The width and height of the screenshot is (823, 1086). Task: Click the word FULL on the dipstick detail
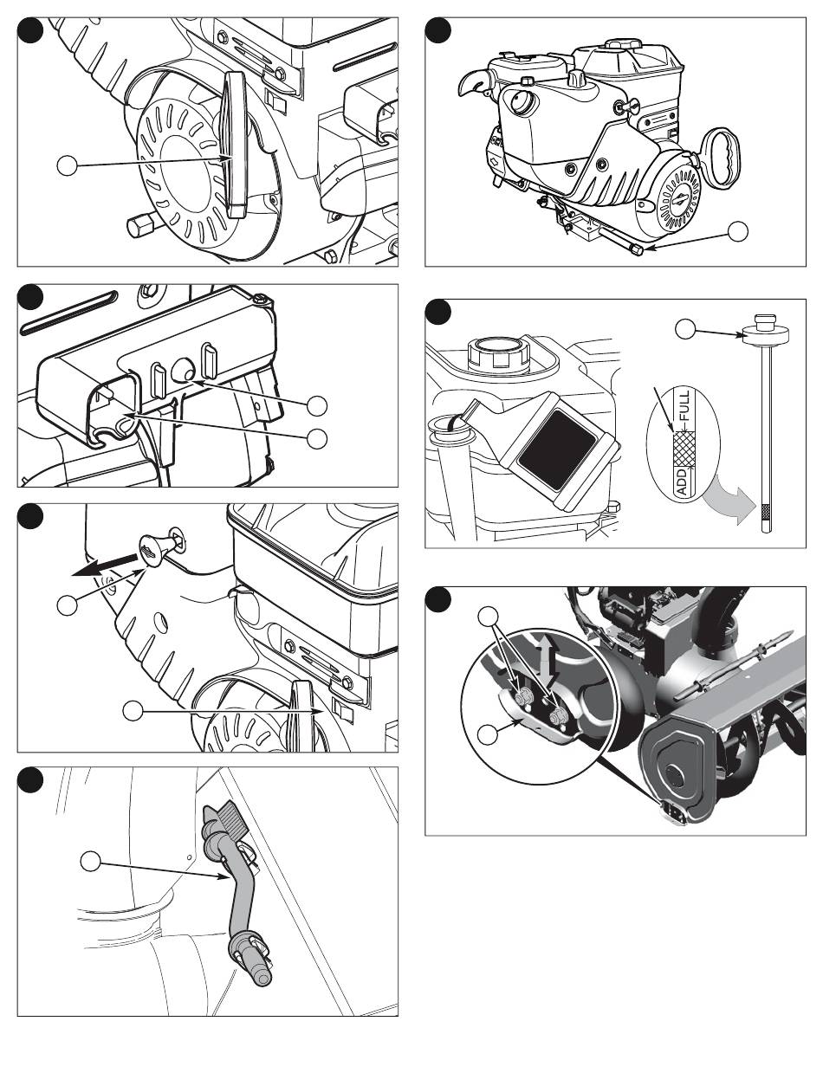685,405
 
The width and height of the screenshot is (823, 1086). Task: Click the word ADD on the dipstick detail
682,483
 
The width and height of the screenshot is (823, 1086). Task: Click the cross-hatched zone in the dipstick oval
683,448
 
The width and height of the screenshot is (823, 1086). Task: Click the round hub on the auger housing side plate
675,773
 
